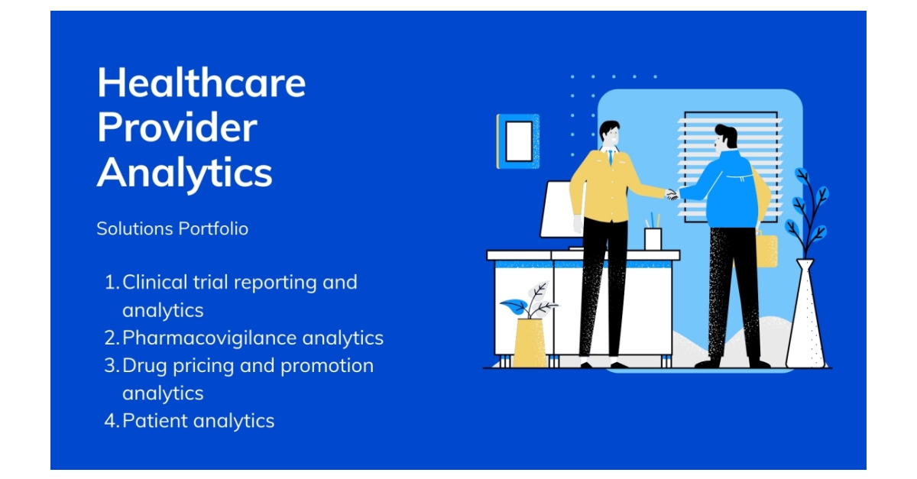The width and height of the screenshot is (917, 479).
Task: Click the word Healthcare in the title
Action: click(201, 83)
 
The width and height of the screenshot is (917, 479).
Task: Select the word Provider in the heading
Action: click(177, 128)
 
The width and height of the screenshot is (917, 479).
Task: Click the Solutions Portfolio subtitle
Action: click(172, 228)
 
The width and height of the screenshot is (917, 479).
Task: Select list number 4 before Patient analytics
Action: click(111, 420)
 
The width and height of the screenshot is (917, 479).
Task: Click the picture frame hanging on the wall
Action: click(518, 141)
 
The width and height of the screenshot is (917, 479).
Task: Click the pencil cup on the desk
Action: click(653, 237)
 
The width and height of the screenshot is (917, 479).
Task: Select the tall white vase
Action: click(805, 317)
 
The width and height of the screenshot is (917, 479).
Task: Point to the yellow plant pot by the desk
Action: click(530, 341)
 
